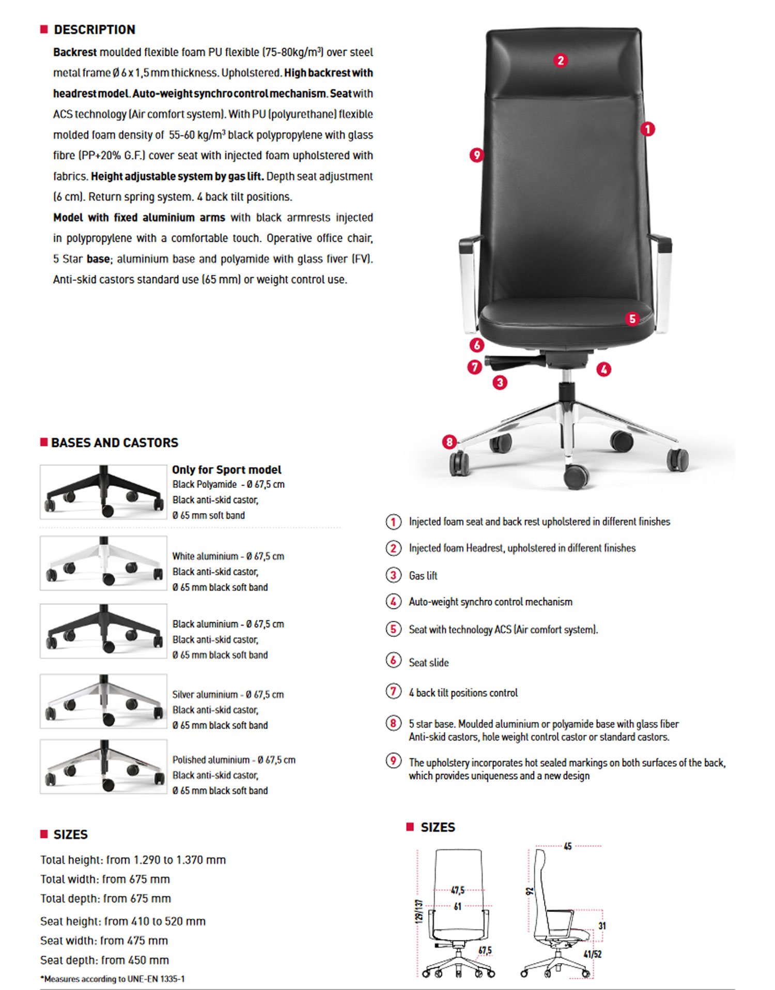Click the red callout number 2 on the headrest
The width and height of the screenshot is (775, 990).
(x=561, y=60)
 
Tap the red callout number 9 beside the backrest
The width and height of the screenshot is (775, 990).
(x=476, y=155)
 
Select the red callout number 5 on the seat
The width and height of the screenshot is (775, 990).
(x=632, y=318)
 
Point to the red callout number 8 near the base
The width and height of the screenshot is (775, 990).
(x=450, y=441)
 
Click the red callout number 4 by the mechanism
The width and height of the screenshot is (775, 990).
(x=603, y=369)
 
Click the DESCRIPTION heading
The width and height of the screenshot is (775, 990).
(x=94, y=29)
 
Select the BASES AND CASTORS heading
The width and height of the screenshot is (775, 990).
(x=114, y=443)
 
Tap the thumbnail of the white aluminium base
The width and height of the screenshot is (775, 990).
(x=103, y=563)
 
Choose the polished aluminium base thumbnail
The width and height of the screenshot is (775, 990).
(x=103, y=766)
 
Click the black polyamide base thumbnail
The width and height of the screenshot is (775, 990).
(x=103, y=492)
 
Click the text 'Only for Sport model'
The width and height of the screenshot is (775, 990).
(x=226, y=469)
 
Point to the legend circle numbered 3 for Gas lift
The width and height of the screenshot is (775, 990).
(x=393, y=575)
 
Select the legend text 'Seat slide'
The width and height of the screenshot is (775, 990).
(x=428, y=662)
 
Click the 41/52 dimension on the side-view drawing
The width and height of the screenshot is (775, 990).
(x=592, y=954)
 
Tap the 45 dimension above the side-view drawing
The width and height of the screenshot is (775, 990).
(x=567, y=846)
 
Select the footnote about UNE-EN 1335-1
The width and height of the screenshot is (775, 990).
(x=112, y=979)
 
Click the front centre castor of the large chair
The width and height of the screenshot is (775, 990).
(x=576, y=476)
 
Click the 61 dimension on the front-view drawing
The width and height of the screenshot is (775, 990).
(x=457, y=906)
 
